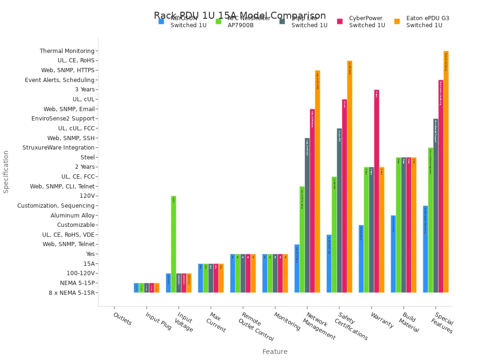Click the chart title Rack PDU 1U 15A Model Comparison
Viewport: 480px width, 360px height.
(240, 15)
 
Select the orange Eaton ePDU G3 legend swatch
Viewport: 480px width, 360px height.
(397, 22)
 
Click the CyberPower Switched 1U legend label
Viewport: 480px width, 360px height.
(367, 22)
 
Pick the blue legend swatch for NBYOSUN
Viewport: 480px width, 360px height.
(161, 22)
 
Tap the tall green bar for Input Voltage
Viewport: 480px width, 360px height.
(173, 244)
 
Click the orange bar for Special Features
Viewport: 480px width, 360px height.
(446, 172)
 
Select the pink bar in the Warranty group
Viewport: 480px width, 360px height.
(376, 191)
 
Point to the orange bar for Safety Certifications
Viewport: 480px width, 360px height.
(350, 176)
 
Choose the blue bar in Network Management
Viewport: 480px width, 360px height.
(297, 268)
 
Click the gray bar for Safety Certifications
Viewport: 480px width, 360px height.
(339, 210)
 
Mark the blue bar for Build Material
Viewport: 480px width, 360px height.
(393, 254)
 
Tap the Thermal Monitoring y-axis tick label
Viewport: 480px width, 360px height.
(67, 51)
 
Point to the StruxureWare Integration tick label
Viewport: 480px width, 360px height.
(59, 148)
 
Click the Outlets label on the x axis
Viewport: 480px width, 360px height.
(122, 319)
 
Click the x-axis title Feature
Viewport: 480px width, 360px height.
(275, 352)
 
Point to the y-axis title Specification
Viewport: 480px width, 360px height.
(6, 172)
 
